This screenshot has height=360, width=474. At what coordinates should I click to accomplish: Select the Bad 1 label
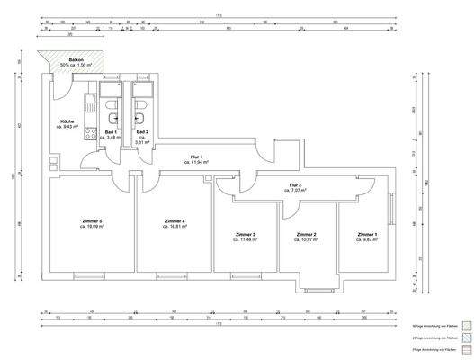(x=110, y=132)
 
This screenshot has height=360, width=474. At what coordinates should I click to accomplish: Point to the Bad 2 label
(x=142, y=132)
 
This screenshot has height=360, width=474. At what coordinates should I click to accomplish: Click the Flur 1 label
(x=196, y=157)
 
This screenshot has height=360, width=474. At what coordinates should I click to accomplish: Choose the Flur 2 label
(x=294, y=184)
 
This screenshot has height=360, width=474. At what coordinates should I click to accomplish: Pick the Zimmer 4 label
(x=175, y=221)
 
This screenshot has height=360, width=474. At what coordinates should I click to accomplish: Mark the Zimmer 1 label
(x=367, y=235)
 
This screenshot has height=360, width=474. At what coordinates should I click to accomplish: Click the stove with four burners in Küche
(x=89, y=135)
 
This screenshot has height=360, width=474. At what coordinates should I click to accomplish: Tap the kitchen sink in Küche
(x=89, y=105)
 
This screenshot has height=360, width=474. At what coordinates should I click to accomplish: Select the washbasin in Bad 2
(x=140, y=117)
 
